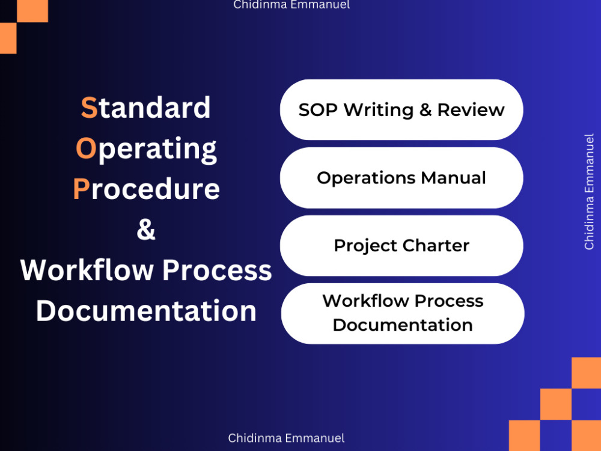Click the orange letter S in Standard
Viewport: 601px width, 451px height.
pos(89,108)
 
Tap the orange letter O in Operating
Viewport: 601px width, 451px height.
pos(86,149)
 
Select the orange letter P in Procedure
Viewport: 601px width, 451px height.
pos(81,189)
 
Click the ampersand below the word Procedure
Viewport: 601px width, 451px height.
pos(146,230)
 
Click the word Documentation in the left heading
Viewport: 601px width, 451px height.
pos(146,311)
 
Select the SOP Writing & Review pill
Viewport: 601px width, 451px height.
pos(401,110)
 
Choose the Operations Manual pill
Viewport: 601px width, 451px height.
pos(401,178)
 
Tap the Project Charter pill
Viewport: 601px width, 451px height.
pos(401,245)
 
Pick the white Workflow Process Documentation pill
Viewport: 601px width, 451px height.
pos(403,313)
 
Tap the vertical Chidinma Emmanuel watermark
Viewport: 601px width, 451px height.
pos(589,192)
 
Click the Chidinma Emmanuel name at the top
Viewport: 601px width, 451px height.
pos(291,5)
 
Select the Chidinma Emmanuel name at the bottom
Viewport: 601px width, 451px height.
pos(286,438)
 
